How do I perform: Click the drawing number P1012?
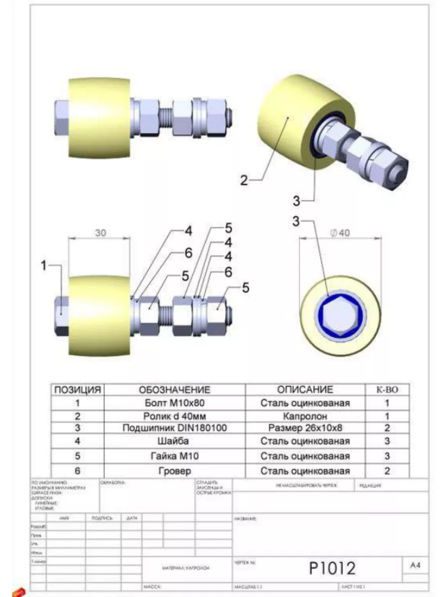point(333,567)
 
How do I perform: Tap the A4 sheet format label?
point(415,565)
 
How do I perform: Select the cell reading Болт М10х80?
point(174,403)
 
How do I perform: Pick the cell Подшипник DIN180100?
point(174,428)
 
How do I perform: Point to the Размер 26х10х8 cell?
point(305,428)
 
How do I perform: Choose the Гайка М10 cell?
point(174,456)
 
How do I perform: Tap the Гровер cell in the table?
point(174,471)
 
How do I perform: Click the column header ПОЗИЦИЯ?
point(78,390)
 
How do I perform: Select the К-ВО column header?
point(387,390)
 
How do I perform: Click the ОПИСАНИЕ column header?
point(305,390)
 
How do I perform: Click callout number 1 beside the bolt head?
point(44,266)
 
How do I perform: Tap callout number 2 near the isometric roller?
point(244,180)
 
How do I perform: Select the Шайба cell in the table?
point(174,441)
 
